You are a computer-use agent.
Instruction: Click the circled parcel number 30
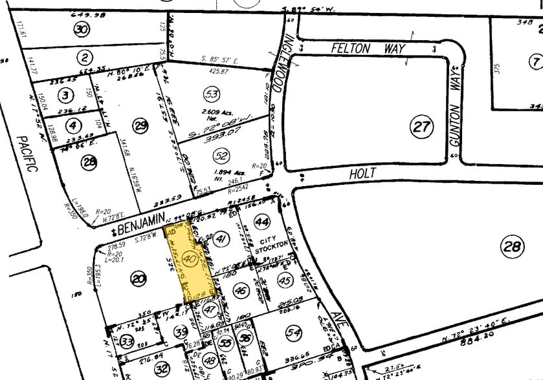click(x=81, y=29)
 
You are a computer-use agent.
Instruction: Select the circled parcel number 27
click(x=421, y=127)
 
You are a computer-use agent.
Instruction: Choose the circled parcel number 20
click(x=137, y=279)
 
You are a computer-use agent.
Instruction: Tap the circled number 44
click(x=262, y=222)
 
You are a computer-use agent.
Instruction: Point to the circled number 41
click(x=222, y=239)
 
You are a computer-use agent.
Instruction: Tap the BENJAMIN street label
click(x=140, y=222)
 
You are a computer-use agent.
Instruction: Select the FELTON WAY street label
click(x=359, y=48)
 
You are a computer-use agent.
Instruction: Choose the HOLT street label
click(x=362, y=174)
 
